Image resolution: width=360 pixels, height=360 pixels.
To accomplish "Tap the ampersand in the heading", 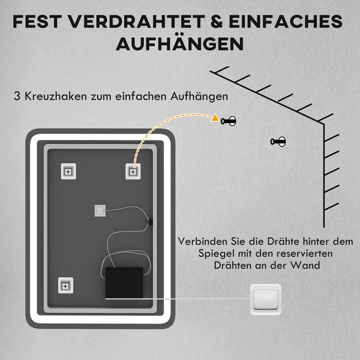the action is [217, 22].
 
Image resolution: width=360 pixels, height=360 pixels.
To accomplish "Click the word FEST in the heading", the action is [37, 22].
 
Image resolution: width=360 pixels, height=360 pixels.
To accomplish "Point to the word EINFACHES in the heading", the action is [286, 22].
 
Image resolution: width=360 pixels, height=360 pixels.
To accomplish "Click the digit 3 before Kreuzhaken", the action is [17, 96].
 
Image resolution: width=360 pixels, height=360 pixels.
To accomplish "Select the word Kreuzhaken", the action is [56, 96].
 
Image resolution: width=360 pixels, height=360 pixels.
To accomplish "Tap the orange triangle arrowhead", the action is [215, 118].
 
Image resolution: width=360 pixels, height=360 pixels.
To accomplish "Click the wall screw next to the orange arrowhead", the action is [228, 121].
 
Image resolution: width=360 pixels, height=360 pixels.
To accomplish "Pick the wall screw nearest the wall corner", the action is [278, 142].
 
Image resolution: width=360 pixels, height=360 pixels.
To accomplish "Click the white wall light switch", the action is [266, 299].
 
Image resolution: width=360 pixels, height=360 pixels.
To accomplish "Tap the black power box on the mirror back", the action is [124, 283].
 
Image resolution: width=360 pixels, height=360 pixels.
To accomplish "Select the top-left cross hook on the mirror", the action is [68, 172].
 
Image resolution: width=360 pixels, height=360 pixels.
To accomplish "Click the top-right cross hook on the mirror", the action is [133, 172].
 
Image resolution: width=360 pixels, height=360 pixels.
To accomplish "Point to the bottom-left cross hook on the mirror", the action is [65, 286].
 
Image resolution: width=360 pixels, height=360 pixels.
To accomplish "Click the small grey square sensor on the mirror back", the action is [100, 211].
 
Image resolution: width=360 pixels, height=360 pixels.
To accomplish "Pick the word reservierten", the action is [304, 254].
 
